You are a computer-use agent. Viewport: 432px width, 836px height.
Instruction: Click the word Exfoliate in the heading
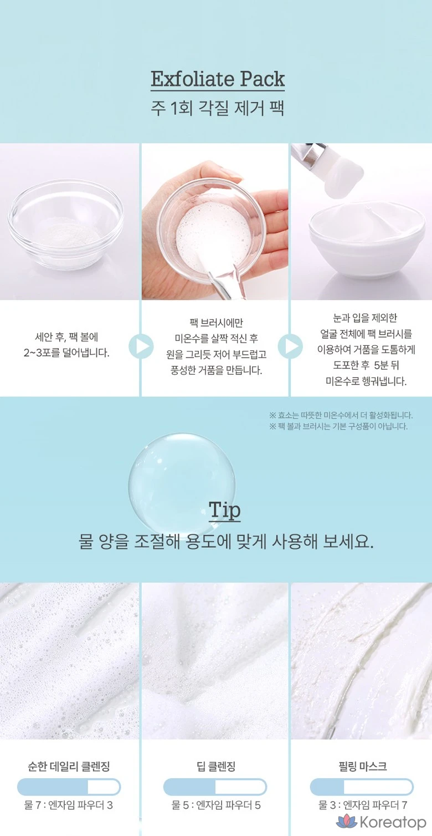coord(192,79)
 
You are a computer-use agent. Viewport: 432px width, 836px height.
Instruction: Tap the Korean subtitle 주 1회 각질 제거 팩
coord(218,109)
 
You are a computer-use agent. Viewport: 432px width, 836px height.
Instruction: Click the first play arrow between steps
coord(141,346)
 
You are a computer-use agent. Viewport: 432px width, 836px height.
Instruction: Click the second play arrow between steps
coord(290,346)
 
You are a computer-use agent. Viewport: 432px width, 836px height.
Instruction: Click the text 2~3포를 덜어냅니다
coord(66,353)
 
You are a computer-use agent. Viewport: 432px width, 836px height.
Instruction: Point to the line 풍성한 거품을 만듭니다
coord(216,370)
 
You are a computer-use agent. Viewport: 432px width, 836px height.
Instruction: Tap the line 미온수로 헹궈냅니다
coord(366,381)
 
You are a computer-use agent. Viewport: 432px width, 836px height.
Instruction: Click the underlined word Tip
coord(224,510)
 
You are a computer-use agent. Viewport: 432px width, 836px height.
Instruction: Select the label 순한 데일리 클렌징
coord(69,767)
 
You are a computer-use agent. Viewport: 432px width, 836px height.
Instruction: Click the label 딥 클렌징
coord(216,767)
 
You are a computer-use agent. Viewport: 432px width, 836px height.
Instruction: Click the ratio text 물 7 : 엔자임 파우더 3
coord(69,805)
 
